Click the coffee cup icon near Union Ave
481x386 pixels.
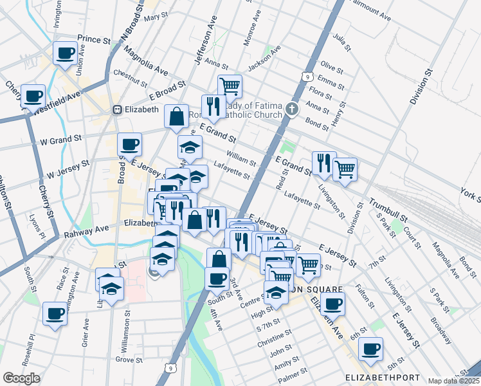point(65,53)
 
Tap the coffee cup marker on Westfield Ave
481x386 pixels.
point(33,96)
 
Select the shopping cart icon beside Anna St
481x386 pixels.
point(230,86)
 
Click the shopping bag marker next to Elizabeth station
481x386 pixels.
point(176,116)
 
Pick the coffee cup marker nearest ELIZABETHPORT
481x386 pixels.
point(370,349)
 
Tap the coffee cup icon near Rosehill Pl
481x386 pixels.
point(55,315)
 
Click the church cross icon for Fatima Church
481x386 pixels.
point(293,108)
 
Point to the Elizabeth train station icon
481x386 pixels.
point(117,109)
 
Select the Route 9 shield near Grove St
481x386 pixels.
point(169,367)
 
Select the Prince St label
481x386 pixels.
point(94,40)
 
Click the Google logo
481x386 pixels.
point(21,378)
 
